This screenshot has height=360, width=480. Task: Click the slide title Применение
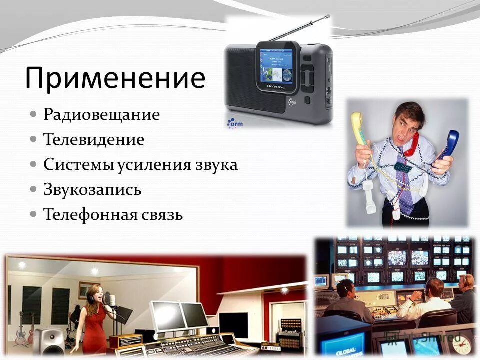tap(115, 78)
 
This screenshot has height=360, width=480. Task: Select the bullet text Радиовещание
tap(101, 115)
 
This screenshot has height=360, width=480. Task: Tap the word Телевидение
tap(94, 140)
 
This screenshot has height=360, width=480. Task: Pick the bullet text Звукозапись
tap(92, 190)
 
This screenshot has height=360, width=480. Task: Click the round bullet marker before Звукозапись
tap(33, 189)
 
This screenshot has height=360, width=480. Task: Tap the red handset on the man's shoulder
tap(412, 145)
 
